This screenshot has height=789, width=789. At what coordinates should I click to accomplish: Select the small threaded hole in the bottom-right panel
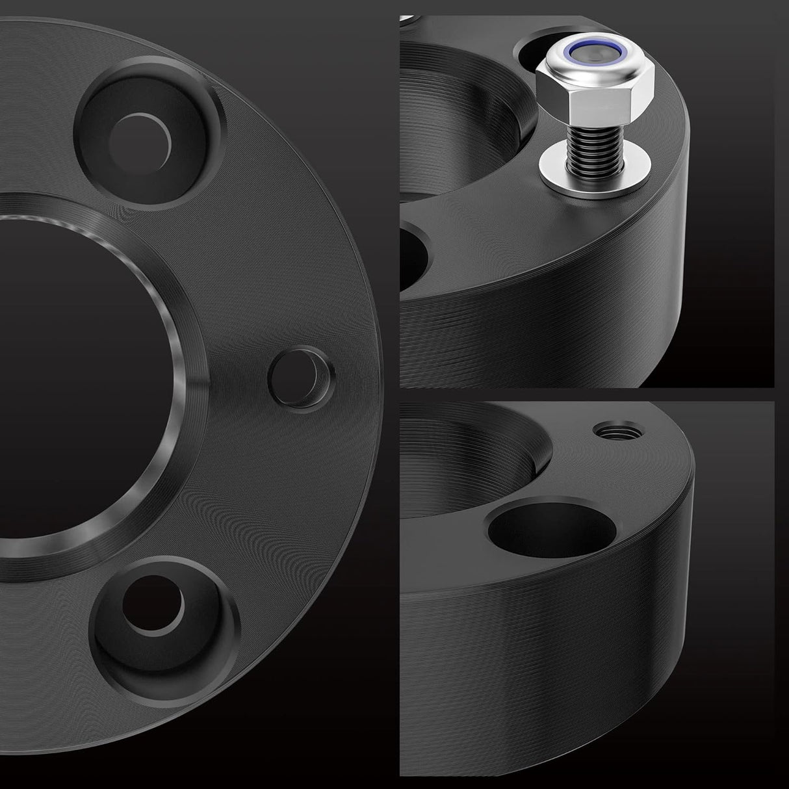[609, 430]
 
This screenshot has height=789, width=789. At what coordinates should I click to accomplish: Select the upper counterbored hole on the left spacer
[140, 133]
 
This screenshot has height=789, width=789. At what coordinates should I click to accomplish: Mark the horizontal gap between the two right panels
[585, 394]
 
